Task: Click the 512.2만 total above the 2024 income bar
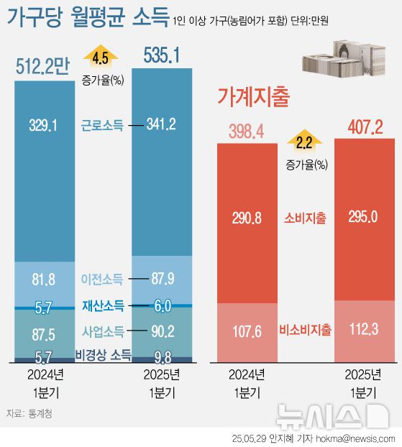coord(42,67)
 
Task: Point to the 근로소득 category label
coord(102,125)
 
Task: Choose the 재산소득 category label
coord(102,306)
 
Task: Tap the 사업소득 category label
coord(102,331)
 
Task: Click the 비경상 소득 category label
coord(103,354)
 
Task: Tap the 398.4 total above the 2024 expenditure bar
coord(247,131)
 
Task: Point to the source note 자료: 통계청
coord(29,414)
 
